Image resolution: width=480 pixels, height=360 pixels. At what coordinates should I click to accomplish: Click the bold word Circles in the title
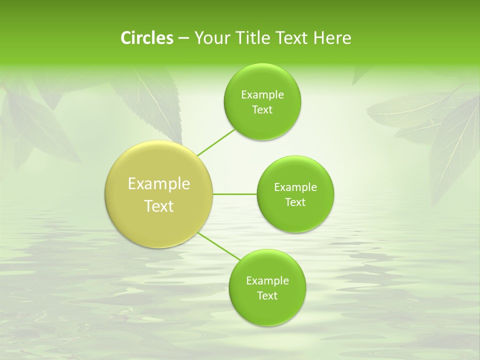(x=146, y=38)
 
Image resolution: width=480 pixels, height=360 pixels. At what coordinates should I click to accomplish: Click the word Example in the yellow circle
(x=159, y=184)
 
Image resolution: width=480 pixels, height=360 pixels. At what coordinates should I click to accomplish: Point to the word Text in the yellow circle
(x=159, y=206)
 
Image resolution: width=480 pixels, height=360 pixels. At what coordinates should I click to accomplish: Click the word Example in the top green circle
(x=262, y=95)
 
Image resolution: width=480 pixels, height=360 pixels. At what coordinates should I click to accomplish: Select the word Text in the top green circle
(x=262, y=110)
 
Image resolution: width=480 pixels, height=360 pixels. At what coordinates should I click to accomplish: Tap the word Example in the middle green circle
(x=295, y=187)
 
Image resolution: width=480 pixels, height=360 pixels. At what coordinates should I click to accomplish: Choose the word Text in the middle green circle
(x=295, y=202)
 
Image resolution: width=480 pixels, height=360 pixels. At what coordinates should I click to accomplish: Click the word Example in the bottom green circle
(x=267, y=281)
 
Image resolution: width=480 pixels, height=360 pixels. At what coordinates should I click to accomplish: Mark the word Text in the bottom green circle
(x=267, y=296)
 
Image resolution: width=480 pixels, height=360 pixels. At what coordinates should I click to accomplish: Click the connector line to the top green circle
(x=216, y=142)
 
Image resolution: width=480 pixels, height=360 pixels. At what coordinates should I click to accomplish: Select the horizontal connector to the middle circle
(x=235, y=194)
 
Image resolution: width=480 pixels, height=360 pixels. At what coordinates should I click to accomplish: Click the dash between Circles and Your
(x=183, y=38)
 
